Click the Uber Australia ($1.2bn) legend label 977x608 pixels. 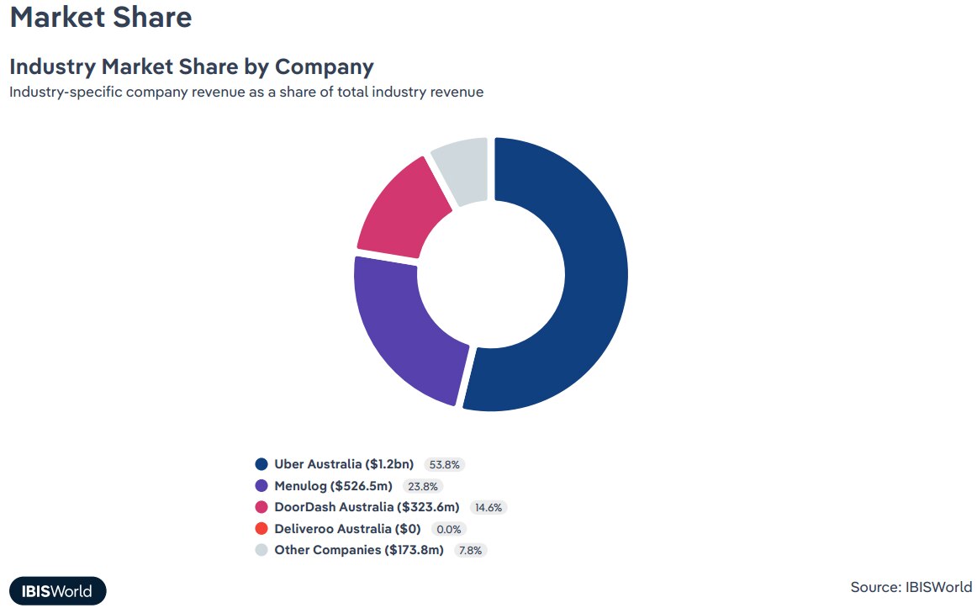coord(344,464)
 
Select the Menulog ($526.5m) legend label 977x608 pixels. coord(333,486)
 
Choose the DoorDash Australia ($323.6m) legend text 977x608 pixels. coord(367,507)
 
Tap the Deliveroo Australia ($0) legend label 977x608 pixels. coord(347,529)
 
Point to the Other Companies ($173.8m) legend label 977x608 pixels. coord(358,550)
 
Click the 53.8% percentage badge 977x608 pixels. coord(445,464)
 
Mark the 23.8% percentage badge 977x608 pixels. coord(422,486)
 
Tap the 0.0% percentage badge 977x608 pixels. coord(448,529)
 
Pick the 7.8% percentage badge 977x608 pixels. coord(471,550)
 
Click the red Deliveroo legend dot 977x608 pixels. coord(261,529)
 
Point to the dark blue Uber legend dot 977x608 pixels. coord(261,464)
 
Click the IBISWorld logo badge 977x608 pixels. coord(58,590)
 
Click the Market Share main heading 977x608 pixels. coord(101,17)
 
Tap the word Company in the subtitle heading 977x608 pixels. coord(325,66)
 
